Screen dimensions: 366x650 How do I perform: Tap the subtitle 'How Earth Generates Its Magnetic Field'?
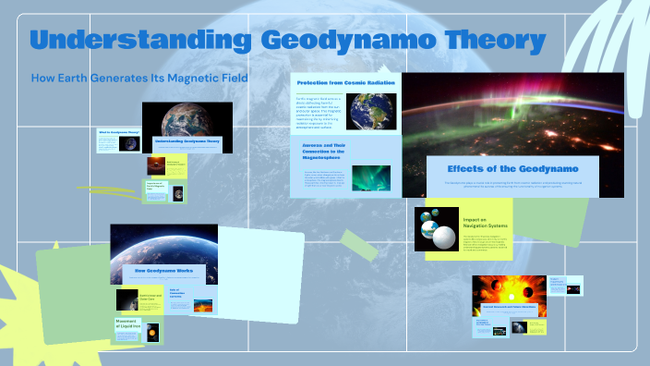point(139,79)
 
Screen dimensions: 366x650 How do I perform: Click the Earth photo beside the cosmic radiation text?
point(372,111)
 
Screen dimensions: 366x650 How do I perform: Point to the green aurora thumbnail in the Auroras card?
point(371,177)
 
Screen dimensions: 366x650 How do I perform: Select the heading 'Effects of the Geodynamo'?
point(500,168)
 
